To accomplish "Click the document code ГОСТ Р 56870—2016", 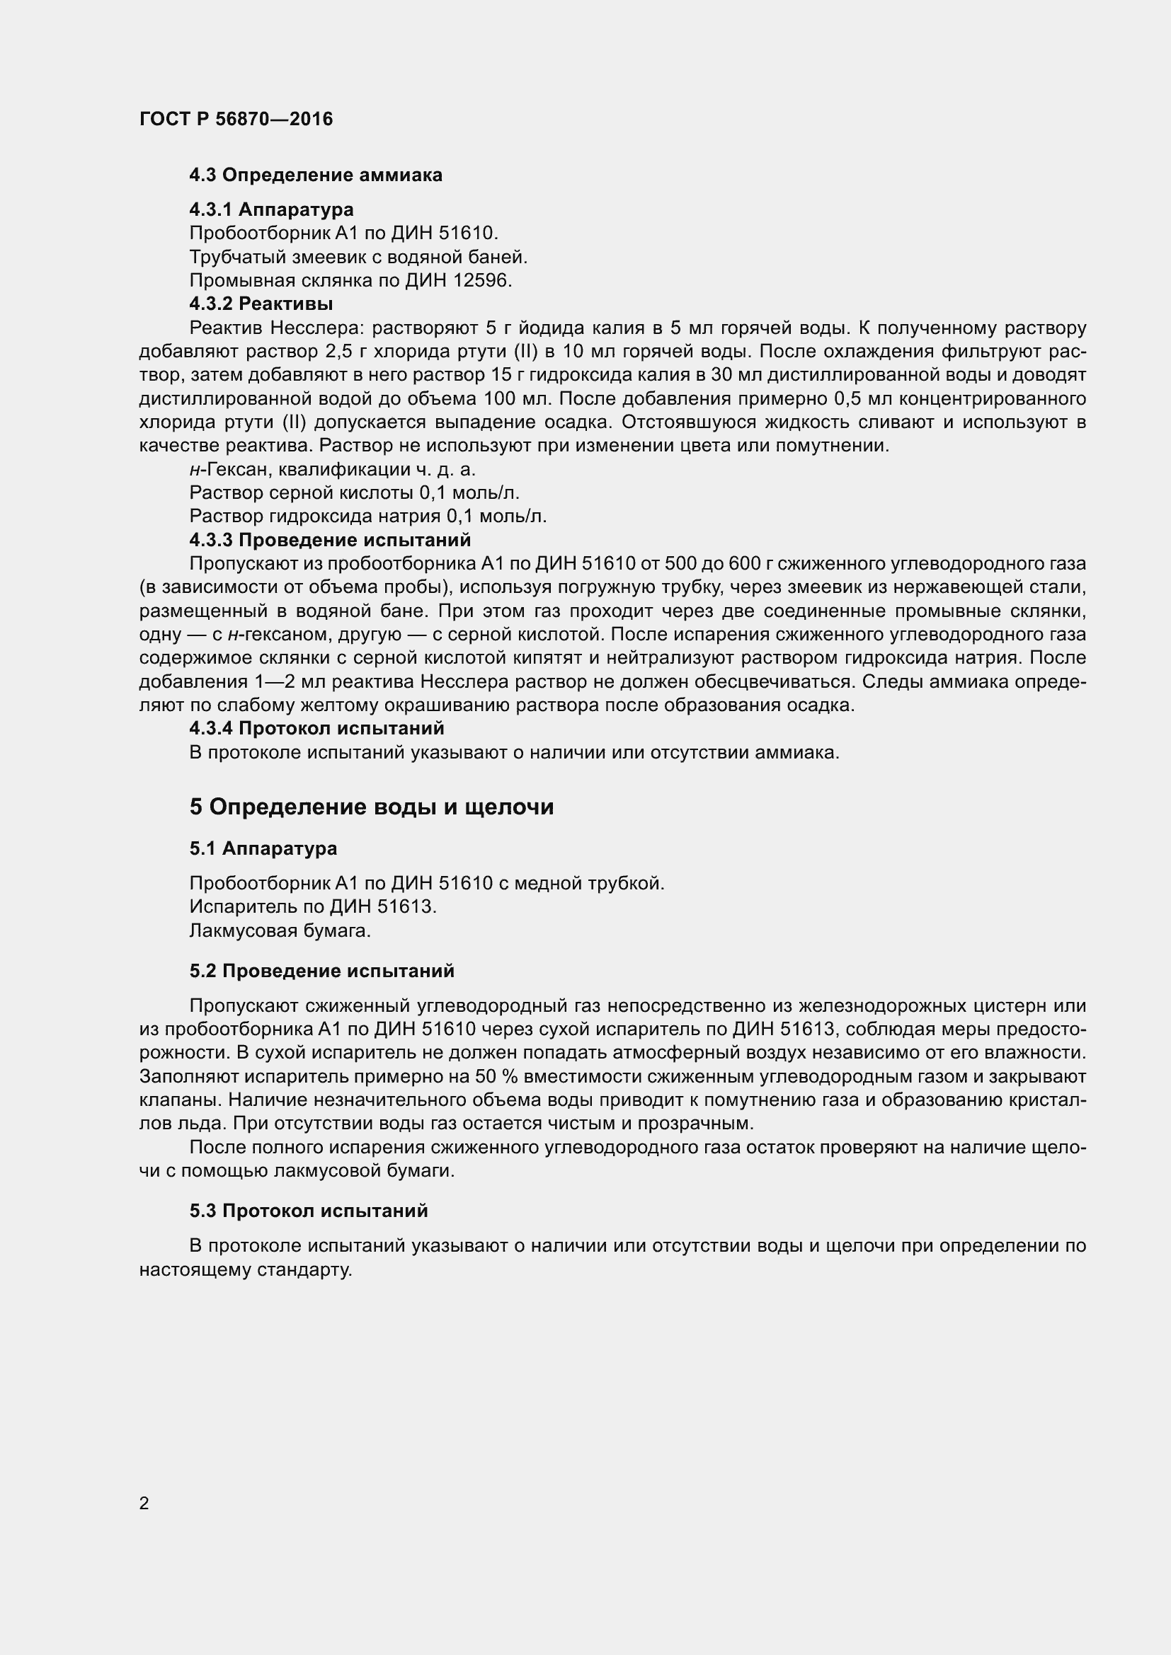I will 236,119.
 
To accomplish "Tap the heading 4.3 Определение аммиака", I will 316,175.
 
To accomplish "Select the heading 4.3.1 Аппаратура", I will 271,209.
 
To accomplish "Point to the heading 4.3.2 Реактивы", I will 261,304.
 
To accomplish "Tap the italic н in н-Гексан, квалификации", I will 194,470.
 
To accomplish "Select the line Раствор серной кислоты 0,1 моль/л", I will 354,493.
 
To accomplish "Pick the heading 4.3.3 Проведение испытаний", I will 329,540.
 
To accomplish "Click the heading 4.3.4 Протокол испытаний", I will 316,729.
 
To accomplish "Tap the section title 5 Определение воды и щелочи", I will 372,807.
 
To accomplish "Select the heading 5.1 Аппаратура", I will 263,848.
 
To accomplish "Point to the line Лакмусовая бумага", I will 280,930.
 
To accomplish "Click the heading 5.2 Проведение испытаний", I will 321,971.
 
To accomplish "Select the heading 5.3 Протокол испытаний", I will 309,1211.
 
